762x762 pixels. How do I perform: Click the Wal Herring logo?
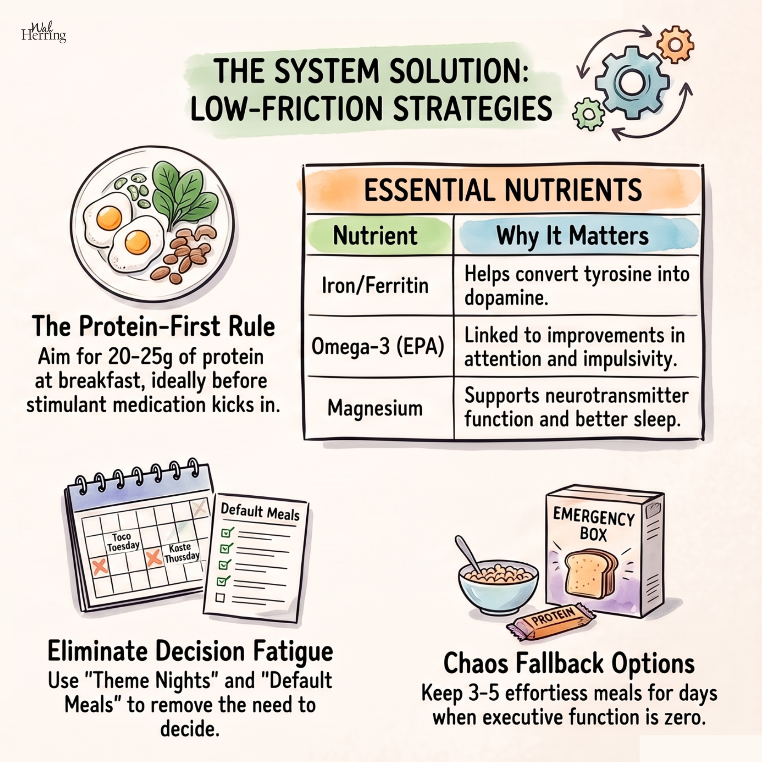[43, 32]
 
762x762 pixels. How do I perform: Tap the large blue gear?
[631, 82]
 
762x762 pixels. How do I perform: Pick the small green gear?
[589, 114]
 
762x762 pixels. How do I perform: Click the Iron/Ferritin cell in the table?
[375, 285]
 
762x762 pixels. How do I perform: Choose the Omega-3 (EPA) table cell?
[378, 346]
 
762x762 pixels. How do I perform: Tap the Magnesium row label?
[375, 408]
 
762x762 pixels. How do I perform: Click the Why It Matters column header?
[572, 235]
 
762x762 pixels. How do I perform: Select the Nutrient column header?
[375, 235]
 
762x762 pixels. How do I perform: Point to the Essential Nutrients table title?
[503, 190]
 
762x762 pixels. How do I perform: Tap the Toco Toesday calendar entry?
[123, 542]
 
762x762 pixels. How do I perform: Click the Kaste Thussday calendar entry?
[181, 552]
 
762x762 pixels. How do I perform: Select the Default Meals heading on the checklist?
[260, 512]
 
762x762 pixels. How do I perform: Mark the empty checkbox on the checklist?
[220, 597]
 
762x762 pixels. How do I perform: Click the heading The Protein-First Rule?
[154, 326]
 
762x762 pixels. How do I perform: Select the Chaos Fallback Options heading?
[569, 663]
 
